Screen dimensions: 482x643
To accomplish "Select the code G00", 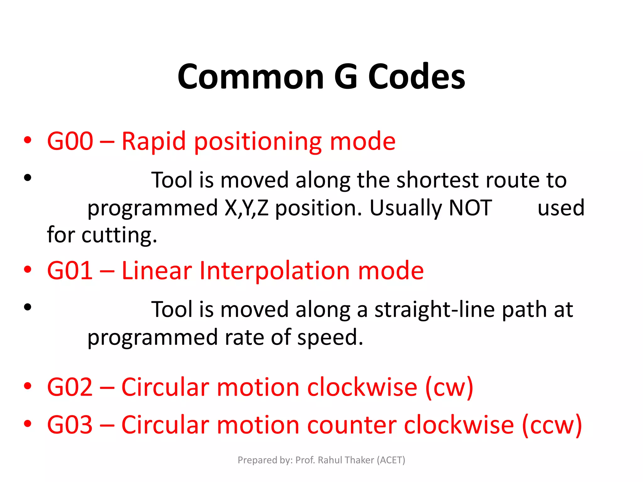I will pyautogui.click(x=70, y=141).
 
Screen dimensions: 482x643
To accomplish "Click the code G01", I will pyautogui.click(x=70, y=270).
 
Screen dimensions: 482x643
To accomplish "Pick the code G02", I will pyautogui.click(x=70, y=387).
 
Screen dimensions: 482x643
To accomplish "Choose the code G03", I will pyautogui.click(x=70, y=425).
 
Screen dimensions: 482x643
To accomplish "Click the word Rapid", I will pyautogui.click(x=154, y=141).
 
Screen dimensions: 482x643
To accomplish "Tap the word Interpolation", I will pyautogui.click(x=274, y=270).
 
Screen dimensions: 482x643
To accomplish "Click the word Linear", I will pyautogui.click(x=157, y=270).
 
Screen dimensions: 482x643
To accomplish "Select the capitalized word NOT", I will pyautogui.click(x=470, y=208).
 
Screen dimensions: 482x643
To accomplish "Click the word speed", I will pyautogui.click(x=330, y=338).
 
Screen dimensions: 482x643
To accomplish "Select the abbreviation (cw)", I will pyautogui.click(x=449, y=388).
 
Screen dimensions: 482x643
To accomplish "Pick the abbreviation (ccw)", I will pyautogui.click(x=552, y=426).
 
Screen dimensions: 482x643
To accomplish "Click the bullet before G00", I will pyautogui.click(x=28, y=141).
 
